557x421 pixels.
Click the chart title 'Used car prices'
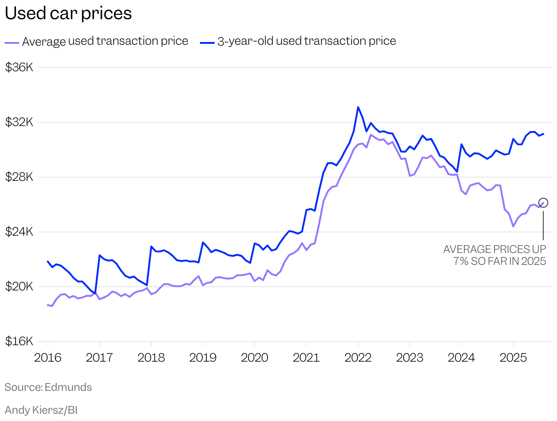(x=68, y=14)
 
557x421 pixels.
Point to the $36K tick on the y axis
(x=19, y=68)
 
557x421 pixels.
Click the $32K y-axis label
(x=19, y=122)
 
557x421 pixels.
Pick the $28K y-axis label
(x=19, y=177)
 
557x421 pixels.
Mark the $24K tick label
(x=19, y=232)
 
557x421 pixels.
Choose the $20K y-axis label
(x=19, y=287)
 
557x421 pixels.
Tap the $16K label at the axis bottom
(x=19, y=342)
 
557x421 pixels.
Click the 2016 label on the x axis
(x=47, y=357)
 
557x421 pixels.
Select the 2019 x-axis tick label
(x=203, y=357)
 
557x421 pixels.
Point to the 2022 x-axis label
(x=358, y=357)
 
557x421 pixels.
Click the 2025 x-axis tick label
(x=513, y=357)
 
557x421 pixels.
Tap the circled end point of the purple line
(x=543, y=202)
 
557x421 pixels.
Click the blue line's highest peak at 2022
(x=358, y=107)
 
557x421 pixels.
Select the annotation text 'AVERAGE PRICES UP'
(x=494, y=249)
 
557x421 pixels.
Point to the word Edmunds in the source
(x=68, y=387)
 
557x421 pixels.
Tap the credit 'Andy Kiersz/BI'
(x=41, y=410)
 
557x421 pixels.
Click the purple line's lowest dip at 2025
(x=513, y=226)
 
